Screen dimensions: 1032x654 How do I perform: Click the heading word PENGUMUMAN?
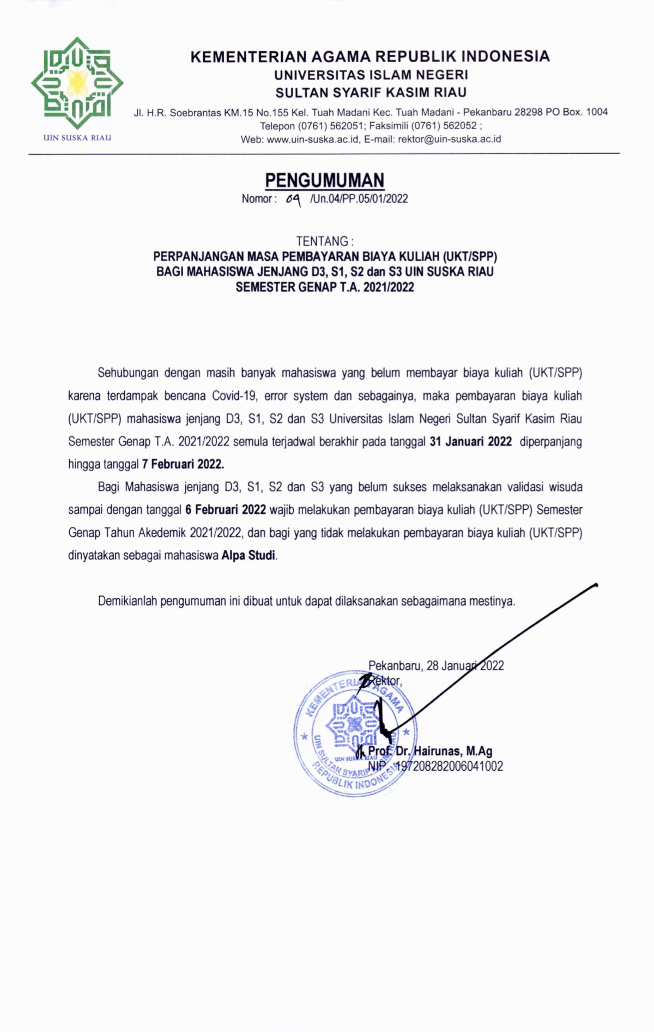pos(325,180)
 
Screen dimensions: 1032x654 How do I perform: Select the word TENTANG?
pos(322,241)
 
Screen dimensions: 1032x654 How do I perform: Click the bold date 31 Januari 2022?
pos(470,441)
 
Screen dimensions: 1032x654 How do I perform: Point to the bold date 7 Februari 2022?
pos(183,464)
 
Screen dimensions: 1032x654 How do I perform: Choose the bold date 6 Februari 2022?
pos(225,509)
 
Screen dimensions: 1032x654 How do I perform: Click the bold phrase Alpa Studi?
pos(249,556)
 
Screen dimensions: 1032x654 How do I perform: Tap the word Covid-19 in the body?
pos(234,395)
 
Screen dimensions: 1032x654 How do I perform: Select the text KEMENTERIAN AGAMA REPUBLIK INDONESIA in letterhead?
pos(370,56)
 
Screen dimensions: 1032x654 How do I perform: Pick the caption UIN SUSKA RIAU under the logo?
pos(77,137)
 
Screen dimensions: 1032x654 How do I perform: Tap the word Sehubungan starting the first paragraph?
pos(128,373)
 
